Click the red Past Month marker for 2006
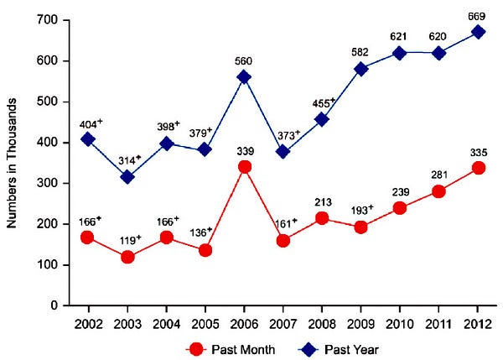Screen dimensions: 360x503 [x=245, y=166]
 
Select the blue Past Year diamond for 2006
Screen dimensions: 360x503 [x=245, y=76]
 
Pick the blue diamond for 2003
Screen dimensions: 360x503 [x=127, y=177]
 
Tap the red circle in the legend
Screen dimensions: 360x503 [x=194, y=346]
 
